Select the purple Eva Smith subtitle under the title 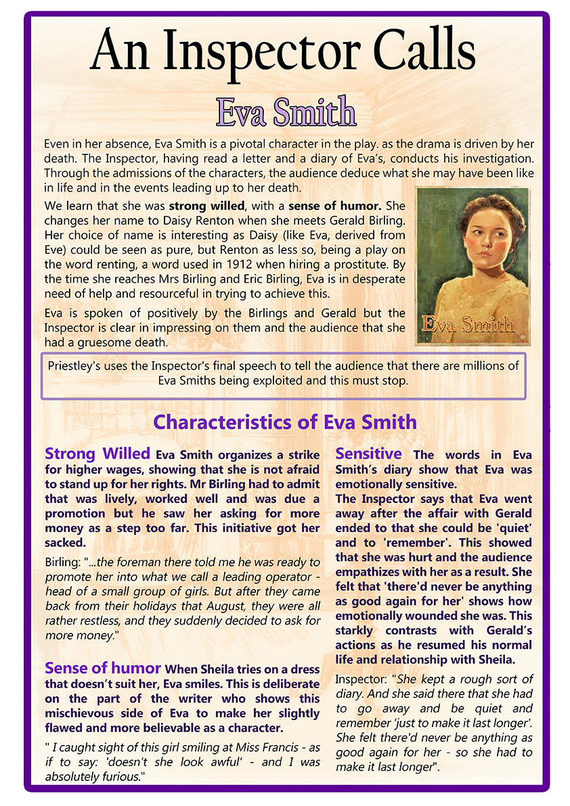click(x=285, y=111)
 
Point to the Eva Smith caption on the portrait click(x=467, y=324)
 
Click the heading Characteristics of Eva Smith click(x=284, y=422)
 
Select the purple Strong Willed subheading click(x=97, y=453)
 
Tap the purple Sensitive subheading click(x=368, y=453)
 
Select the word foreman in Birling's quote click(x=146, y=562)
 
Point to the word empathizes click(x=370, y=572)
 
